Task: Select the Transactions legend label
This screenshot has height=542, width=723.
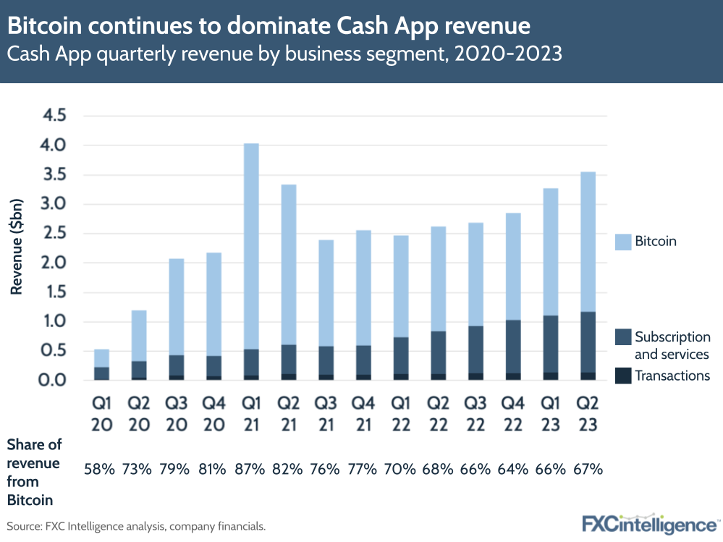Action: (x=672, y=376)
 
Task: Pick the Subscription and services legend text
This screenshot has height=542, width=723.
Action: (x=672, y=345)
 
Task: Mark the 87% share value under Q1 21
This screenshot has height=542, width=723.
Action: (x=251, y=469)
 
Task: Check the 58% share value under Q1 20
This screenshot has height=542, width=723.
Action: (x=100, y=469)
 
